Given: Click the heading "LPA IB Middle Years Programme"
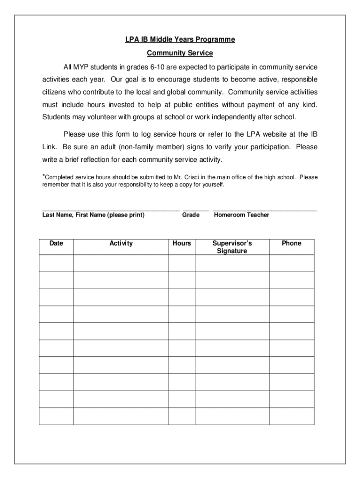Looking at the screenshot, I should pos(180,40).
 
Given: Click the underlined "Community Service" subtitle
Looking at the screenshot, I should pos(180,53).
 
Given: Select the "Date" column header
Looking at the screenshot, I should pos(56,243).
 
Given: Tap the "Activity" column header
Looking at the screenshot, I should pos(121,243).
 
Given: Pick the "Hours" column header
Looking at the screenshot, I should pos(181,243).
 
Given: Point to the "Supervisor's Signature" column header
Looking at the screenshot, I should pos(232,247).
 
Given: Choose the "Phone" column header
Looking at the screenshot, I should pos(292,243).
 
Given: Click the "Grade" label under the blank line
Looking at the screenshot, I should pos(191,215).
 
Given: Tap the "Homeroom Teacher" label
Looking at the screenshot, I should pos(241,215).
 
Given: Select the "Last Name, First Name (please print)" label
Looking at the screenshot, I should pos(94,215).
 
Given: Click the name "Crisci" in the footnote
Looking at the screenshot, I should pos(191,177).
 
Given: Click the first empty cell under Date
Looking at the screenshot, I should pos(56,263).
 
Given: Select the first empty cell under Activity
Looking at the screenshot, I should pos(121,263).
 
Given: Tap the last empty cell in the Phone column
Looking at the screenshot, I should pos(292,416).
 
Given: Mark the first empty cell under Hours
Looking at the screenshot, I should pos(181,263).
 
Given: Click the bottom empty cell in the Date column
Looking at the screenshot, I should pos(56,416).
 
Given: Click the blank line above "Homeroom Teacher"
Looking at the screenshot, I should pos(265,210).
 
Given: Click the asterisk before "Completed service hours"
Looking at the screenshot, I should pos(43,176).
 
